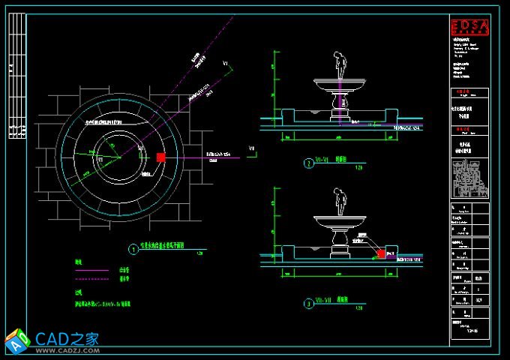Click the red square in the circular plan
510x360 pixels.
coord(160,157)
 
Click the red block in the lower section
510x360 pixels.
coord(381,253)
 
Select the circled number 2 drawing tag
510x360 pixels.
coord(307,163)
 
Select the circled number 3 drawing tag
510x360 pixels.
coord(307,304)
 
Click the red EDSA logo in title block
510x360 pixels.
coord(469,28)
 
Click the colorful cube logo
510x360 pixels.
coord(18,341)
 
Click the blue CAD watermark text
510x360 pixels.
coord(68,337)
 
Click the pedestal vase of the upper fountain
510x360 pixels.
coord(342,105)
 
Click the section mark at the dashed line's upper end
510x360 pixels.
coord(226,65)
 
